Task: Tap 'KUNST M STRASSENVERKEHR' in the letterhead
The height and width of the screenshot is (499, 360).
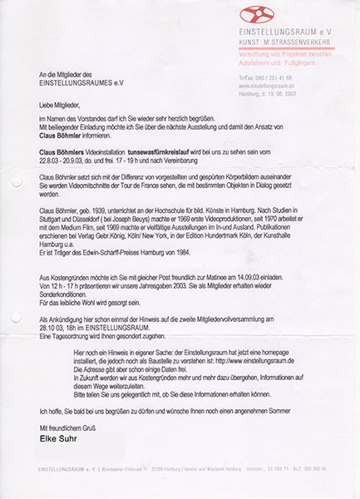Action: point(283,39)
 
